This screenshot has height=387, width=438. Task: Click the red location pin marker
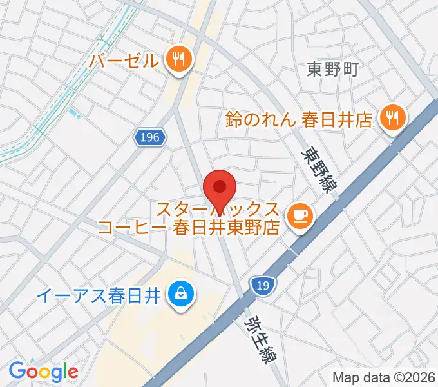(220, 188)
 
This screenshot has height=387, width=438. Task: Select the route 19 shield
(260, 285)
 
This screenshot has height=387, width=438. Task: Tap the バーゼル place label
(124, 61)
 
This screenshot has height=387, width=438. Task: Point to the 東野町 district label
(332, 69)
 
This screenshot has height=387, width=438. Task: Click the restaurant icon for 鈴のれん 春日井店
(392, 117)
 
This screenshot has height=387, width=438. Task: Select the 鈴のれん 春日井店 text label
(299, 119)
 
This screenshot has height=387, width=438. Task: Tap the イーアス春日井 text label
(98, 296)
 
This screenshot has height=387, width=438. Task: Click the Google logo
(43, 372)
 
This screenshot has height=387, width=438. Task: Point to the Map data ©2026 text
(383, 377)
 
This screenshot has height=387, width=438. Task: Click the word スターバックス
(218, 209)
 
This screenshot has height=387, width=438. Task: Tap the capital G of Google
(17, 371)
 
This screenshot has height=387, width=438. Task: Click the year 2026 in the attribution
(419, 377)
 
